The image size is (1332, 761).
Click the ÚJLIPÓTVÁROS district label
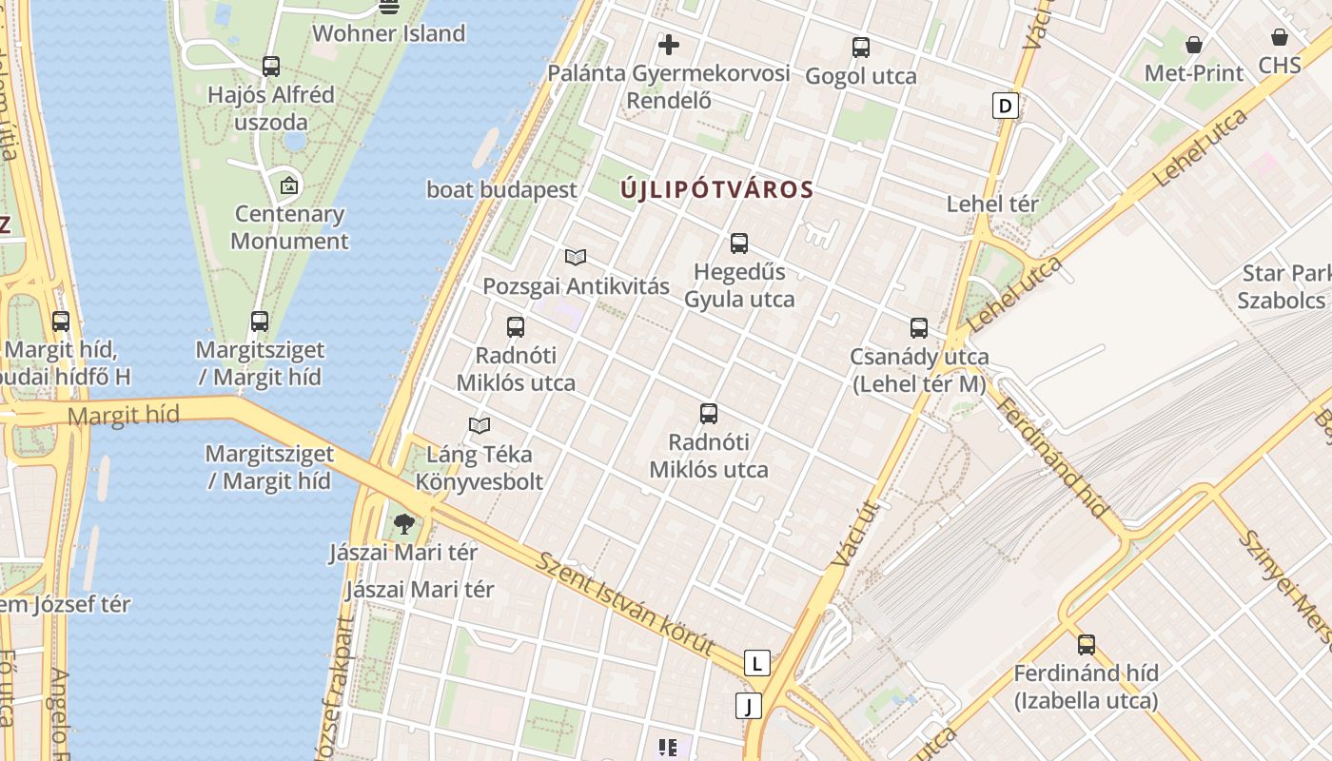pyautogui.click(x=717, y=189)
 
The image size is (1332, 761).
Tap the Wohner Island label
pyautogui.click(x=388, y=33)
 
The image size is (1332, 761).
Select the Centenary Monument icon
pyautogui.click(x=289, y=185)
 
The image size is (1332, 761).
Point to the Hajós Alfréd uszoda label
pyautogui.click(x=271, y=108)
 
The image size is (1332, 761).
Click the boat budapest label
pyautogui.click(x=501, y=189)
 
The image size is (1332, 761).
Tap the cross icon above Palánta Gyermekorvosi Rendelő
pyautogui.click(x=669, y=45)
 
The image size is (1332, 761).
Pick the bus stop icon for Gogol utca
pyautogui.click(x=861, y=47)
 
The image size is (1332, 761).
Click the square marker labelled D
pyautogui.click(x=1005, y=105)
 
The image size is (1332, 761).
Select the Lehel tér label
pyautogui.click(x=992, y=204)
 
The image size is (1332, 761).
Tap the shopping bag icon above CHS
pyautogui.click(x=1280, y=38)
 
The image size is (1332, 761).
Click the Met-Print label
pyautogui.click(x=1193, y=73)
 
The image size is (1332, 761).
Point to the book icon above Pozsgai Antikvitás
pyautogui.click(x=576, y=257)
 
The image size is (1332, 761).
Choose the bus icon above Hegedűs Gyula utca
pyautogui.click(x=739, y=244)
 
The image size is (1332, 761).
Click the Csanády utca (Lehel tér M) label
pyautogui.click(x=920, y=370)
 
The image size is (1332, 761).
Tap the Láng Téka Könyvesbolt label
pyautogui.click(x=479, y=468)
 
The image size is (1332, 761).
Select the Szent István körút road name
pyautogui.click(x=624, y=604)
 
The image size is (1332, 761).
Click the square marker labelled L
pyautogui.click(x=756, y=663)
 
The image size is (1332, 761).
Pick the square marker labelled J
pyautogui.click(x=750, y=706)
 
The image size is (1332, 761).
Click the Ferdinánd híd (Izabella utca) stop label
pyautogui.click(x=1086, y=687)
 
